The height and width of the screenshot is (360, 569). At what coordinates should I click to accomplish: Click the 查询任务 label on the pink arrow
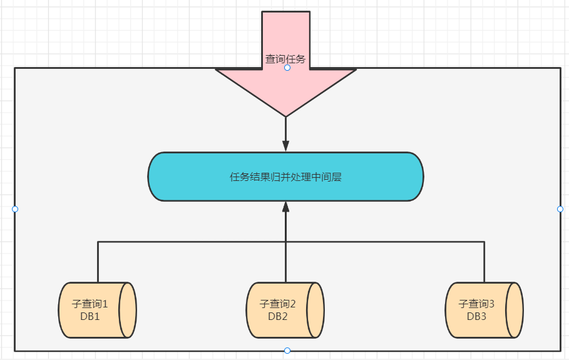285,59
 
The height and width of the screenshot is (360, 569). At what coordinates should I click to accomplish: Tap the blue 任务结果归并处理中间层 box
285,177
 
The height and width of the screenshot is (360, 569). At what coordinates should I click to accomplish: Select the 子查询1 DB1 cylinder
97,310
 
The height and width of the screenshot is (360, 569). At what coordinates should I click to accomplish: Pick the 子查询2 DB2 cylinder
285,310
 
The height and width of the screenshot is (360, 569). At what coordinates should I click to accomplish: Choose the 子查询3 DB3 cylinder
484,310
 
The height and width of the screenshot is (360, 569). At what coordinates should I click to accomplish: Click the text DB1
90,316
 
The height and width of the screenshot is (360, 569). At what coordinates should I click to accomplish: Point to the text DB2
278,316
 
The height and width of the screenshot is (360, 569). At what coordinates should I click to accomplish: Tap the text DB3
477,316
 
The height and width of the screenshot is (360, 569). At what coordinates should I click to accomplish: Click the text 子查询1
90,304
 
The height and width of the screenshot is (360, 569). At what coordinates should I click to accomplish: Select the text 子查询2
278,304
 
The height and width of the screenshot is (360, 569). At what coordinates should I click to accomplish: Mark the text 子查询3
477,304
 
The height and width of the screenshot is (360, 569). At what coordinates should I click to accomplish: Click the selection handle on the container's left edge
15,209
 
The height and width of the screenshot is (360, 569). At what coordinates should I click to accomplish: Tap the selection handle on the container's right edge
560,209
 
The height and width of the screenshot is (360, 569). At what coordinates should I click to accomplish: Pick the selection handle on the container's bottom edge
287,351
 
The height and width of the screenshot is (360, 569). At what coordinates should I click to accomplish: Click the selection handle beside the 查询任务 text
287,68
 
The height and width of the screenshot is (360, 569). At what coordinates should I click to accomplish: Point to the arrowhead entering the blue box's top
285,147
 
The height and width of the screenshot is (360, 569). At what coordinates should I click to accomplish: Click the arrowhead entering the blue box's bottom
285,207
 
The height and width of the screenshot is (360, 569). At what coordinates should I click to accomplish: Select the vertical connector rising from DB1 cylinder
98,262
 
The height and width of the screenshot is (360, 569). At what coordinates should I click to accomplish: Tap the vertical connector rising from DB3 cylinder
484,262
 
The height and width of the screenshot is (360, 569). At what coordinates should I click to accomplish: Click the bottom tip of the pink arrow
285,115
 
